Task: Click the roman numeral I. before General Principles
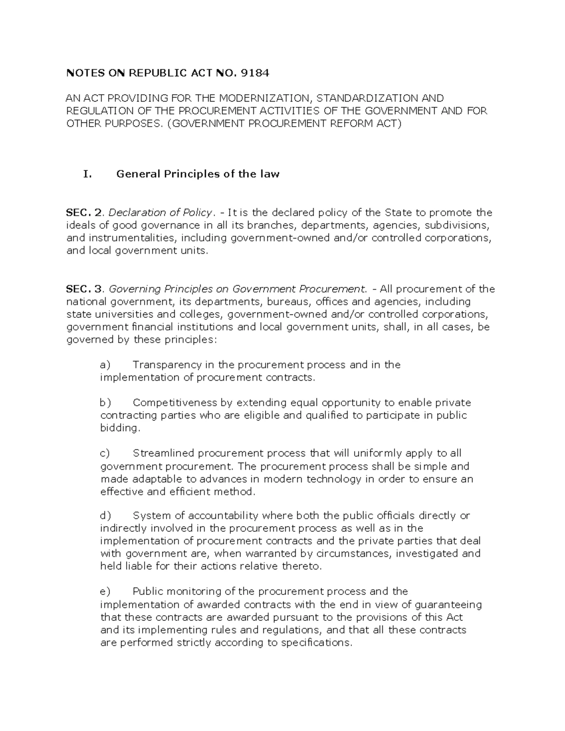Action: tap(87, 174)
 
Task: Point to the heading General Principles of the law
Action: tap(198, 174)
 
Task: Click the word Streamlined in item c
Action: tap(164, 453)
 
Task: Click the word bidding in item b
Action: tap(120, 428)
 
